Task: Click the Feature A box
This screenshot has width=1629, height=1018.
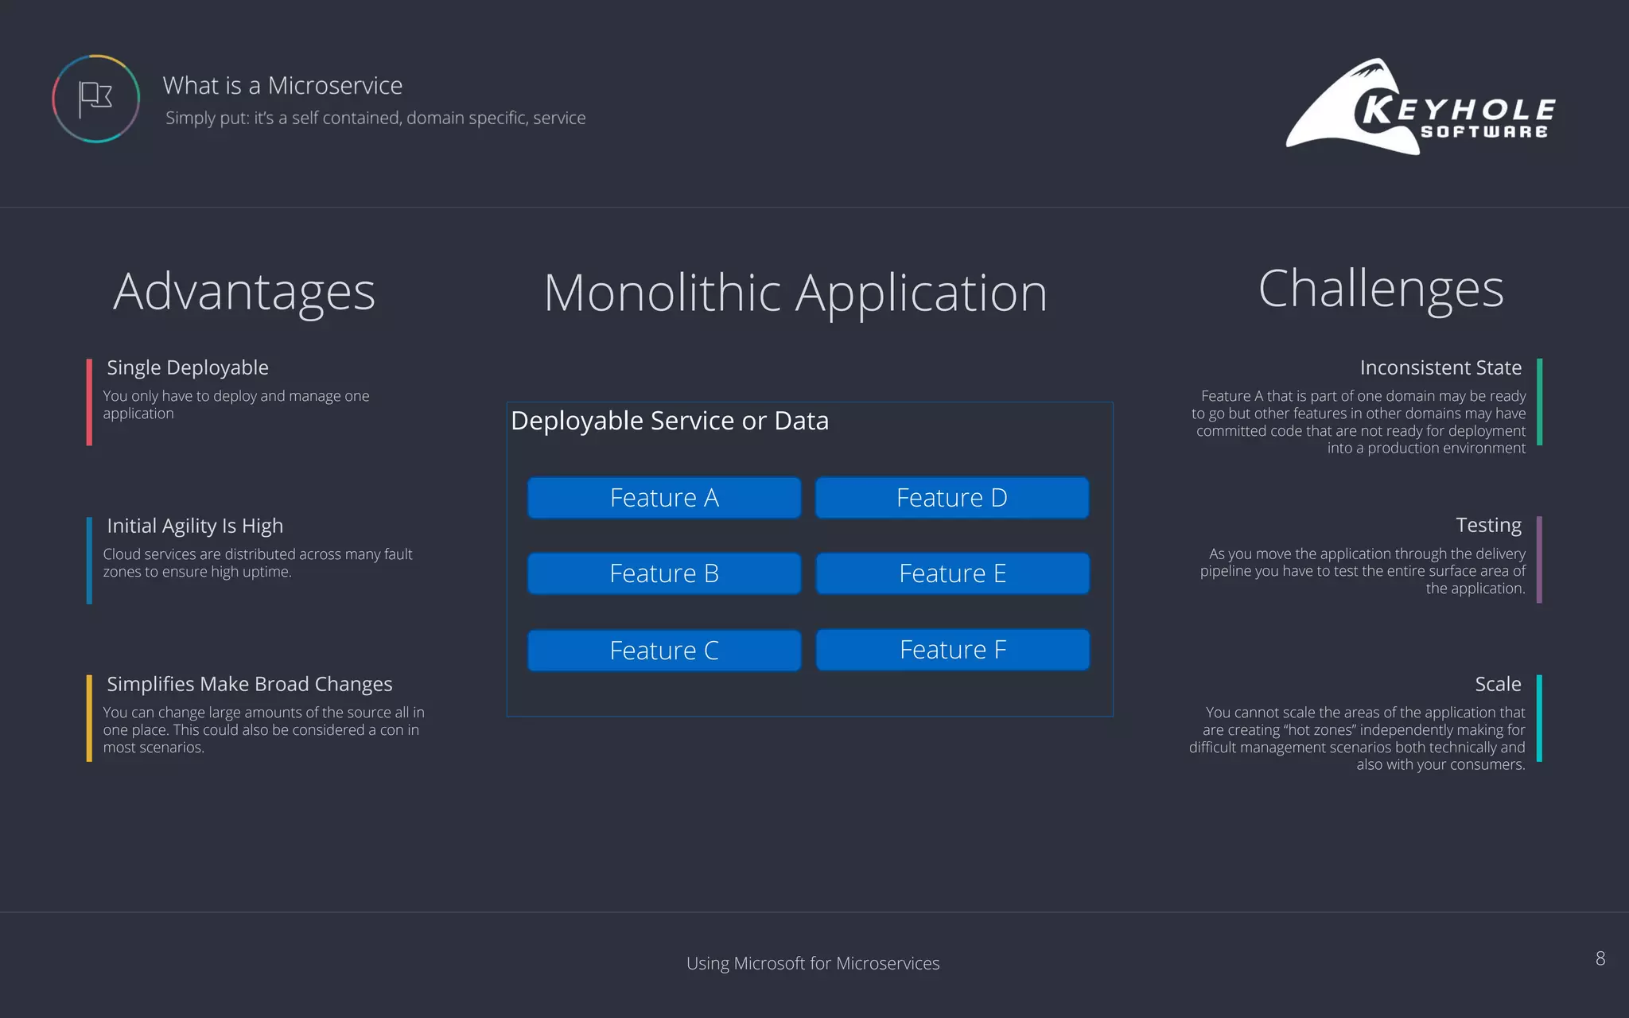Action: point(664,498)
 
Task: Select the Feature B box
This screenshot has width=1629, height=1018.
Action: point(664,573)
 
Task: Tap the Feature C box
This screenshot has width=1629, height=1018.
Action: point(664,651)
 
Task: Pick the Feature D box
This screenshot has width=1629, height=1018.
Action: point(952,498)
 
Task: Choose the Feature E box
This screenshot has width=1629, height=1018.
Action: point(953,573)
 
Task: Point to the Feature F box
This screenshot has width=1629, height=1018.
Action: point(953,650)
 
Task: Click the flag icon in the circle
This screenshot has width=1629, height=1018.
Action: point(95,99)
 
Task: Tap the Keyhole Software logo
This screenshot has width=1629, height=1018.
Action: point(1421,107)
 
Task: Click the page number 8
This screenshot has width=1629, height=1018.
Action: point(1600,958)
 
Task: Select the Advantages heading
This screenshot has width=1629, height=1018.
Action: point(244,292)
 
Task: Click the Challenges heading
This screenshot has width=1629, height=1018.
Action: point(1381,289)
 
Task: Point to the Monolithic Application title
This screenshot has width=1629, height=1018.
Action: point(795,293)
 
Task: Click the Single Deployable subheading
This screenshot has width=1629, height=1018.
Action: point(188,367)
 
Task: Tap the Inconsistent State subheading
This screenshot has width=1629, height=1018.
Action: point(1440,367)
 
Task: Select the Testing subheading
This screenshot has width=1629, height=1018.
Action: point(1488,525)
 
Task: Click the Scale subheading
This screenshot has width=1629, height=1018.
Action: point(1498,684)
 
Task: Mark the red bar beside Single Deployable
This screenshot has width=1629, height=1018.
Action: point(89,402)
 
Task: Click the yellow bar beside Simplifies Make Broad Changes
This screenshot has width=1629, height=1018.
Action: point(89,718)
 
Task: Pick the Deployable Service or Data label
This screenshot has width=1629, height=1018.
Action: point(670,421)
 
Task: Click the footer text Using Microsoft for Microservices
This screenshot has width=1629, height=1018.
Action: point(813,963)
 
